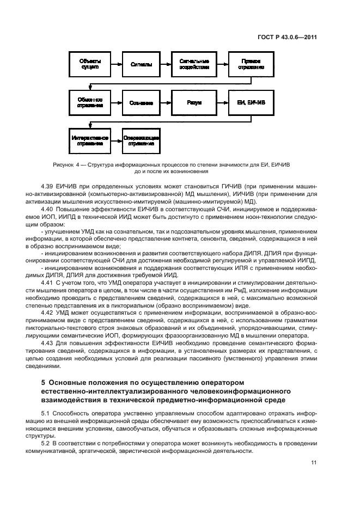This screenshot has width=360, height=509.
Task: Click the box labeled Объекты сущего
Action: pyautogui.click(x=89, y=64)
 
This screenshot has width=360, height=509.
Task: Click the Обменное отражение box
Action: pyautogui.click(x=89, y=102)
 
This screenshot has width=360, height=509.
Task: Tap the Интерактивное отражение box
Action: pyautogui.click(x=89, y=140)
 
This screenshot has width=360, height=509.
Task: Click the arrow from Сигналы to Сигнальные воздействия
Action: pyautogui.click(x=166, y=64)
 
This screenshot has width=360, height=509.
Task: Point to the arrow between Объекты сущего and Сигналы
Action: pyautogui.click(x=115, y=64)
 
